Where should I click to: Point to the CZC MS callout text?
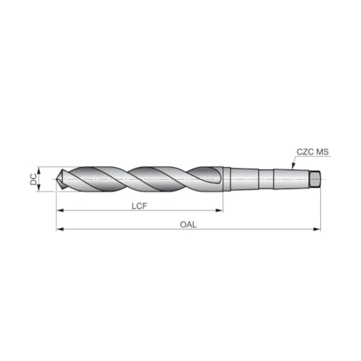click(313, 152)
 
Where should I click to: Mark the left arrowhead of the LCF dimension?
click(60, 211)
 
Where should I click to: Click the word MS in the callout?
click(323, 152)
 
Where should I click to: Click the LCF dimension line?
click(102, 211)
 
